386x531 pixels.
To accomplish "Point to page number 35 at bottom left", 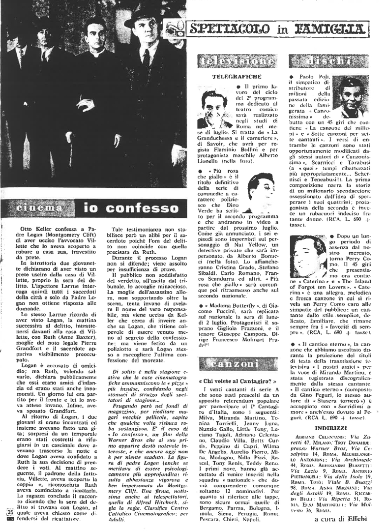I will point(9,510).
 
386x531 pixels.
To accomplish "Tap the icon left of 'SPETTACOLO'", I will point(172,29).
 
